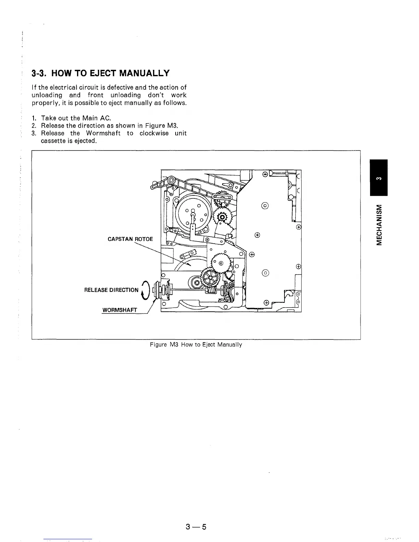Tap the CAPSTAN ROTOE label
(130, 239)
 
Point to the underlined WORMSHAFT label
(119, 310)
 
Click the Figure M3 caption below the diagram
(196, 345)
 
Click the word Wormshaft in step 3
(103, 133)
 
